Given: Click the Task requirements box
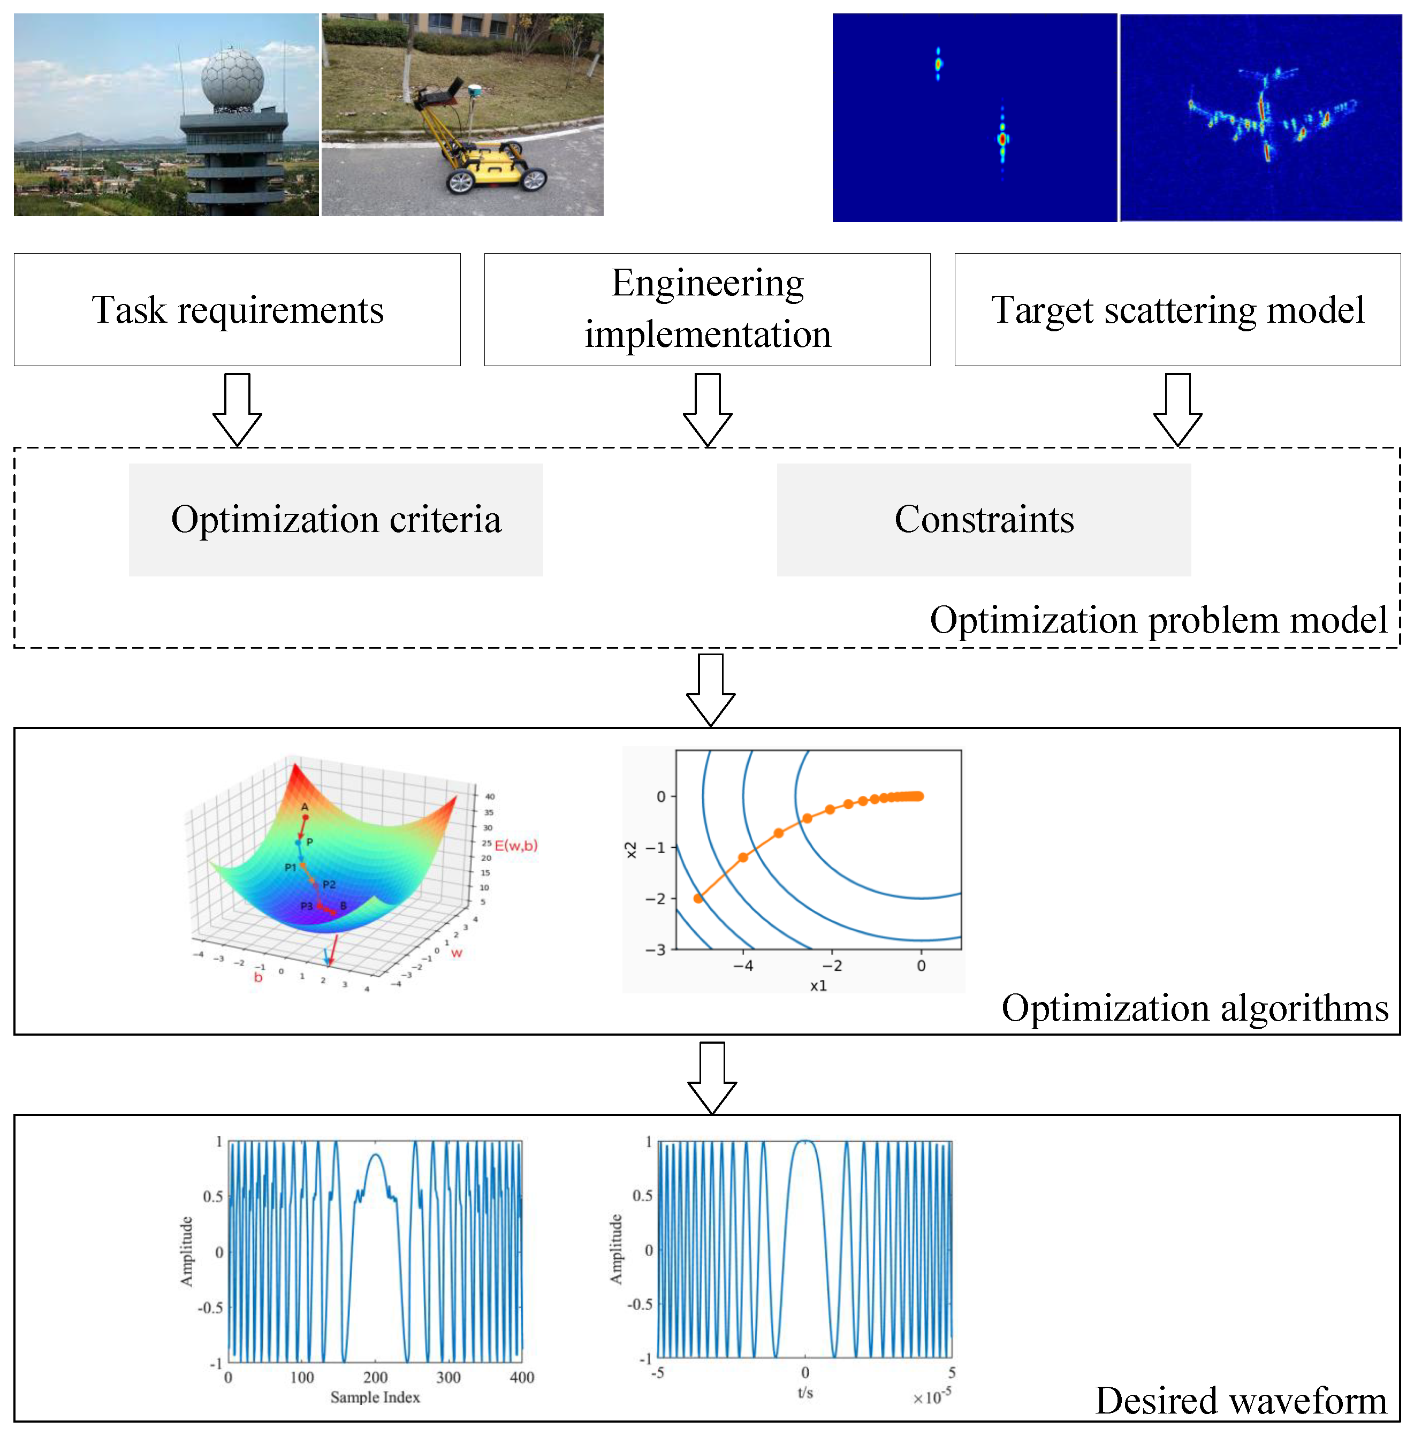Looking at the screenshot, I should (237, 309).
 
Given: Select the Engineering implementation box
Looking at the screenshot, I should (707, 309).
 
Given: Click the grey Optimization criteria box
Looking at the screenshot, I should (336, 519).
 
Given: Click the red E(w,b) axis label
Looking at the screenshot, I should (515, 845).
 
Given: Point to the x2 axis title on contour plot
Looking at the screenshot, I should (630, 849).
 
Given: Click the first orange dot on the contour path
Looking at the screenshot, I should (698, 899).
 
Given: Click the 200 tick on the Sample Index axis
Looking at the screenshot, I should (375, 1377).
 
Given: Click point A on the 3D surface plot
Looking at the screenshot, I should (305, 817).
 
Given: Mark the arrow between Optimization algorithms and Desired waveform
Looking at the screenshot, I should (711, 1077).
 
